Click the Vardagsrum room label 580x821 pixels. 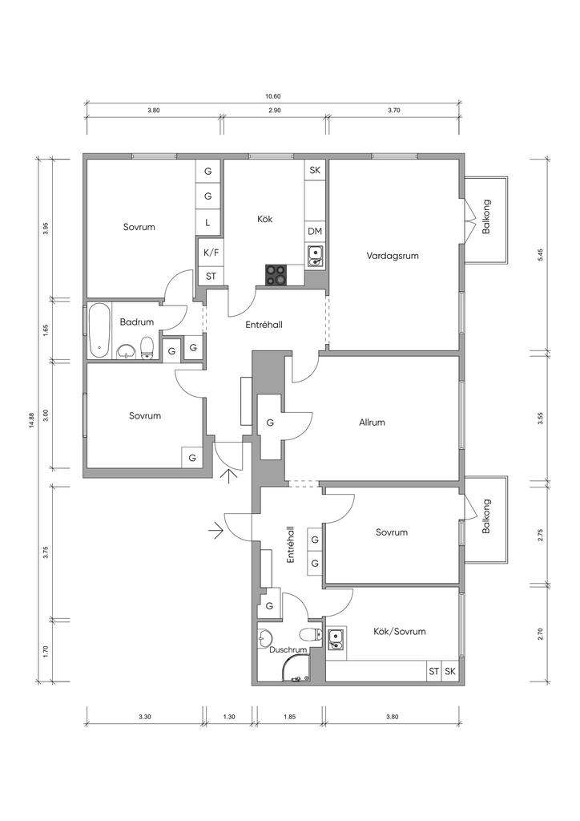pyautogui.click(x=393, y=256)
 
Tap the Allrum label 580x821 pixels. pyautogui.click(x=372, y=422)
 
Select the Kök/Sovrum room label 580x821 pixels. pyautogui.click(x=400, y=632)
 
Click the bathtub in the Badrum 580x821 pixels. pyautogui.click(x=99, y=330)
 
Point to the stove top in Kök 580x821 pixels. pyautogui.click(x=276, y=275)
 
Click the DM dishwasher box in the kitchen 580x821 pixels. pyautogui.click(x=315, y=232)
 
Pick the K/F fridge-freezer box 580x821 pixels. pyautogui.click(x=211, y=253)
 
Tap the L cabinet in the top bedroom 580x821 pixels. pyautogui.click(x=207, y=223)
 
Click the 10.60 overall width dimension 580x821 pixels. pyautogui.click(x=273, y=96)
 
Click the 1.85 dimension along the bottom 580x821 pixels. pyautogui.click(x=289, y=717)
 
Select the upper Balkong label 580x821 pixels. pyautogui.click(x=486, y=216)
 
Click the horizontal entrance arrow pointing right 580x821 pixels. pyautogui.click(x=215, y=531)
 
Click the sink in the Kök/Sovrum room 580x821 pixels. pyautogui.click(x=335, y=639)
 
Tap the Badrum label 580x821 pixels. pyautogui.click(x=136, y=322)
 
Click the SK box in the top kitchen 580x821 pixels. pyautogui.click(x=315, y=170)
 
